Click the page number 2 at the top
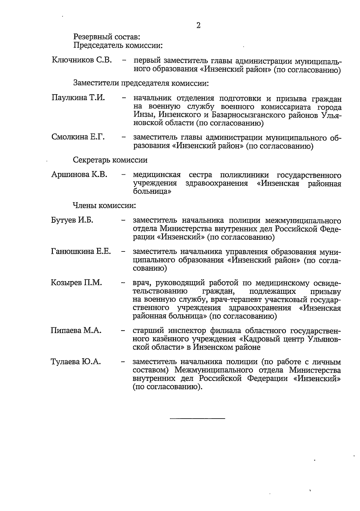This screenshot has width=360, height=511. pos(198,25)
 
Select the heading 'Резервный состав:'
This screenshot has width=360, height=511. pos(106,37)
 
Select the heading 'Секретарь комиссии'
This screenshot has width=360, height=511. pos(110,160)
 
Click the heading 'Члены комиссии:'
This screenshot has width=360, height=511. pos(104,206)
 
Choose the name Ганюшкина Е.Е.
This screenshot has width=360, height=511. pos(81,251)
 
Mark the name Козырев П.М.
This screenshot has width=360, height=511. pos(76,282)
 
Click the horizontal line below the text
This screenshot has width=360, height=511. pos(197,418)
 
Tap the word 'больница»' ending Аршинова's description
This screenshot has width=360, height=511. pos(152,191)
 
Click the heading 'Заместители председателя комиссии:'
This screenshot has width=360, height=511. pos(141,83)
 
